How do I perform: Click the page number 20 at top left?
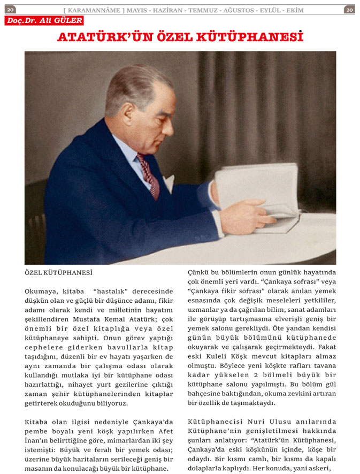[x=11, y=10]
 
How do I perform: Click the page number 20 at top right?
[x=349, y=10]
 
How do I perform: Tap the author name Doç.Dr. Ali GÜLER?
[x=44, y=20]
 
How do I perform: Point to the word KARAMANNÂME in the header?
[x=94, y=10]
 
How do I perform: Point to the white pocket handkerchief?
[x=168, y=184]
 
